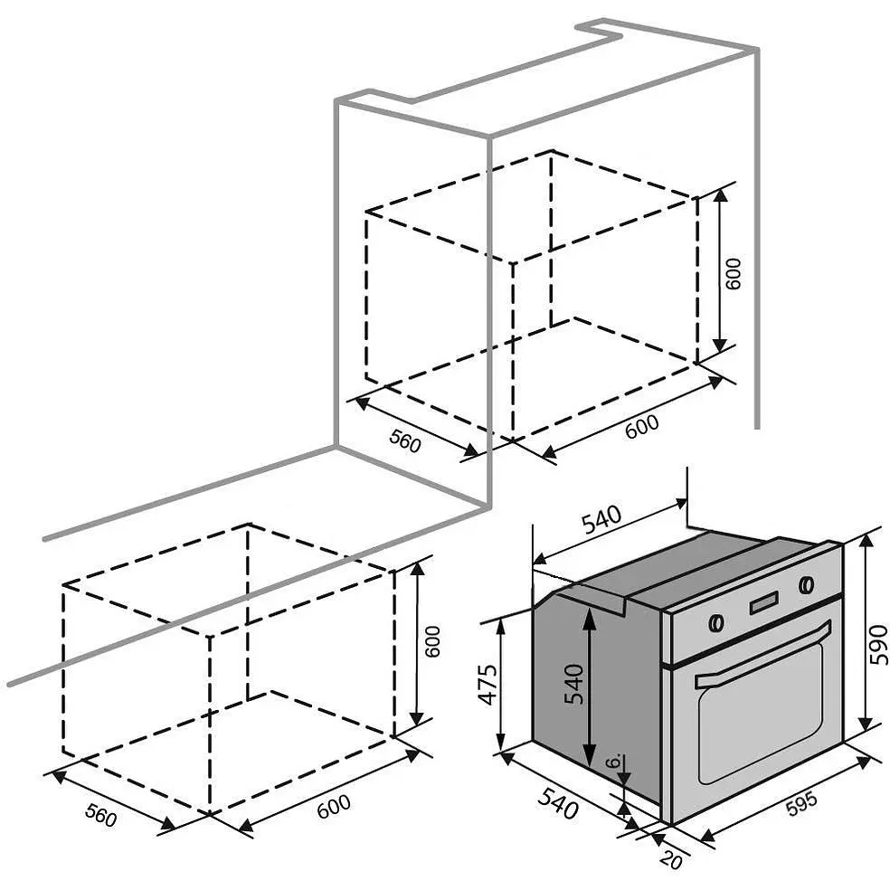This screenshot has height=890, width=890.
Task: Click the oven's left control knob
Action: [717, 622]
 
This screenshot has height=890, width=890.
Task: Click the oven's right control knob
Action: [806, 584]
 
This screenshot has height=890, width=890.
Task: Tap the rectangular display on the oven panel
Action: [764, 602]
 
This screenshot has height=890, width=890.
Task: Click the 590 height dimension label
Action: [878, 645]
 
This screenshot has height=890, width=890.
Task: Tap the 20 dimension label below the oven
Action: [671, 860]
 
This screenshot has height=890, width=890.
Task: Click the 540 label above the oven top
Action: [602, 520]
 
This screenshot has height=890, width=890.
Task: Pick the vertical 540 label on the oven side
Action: [573, 684]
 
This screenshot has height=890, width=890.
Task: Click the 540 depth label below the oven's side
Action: [558, 803]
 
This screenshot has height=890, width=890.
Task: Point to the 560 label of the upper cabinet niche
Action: [405, 440]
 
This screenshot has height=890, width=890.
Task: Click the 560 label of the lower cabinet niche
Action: [101, 815]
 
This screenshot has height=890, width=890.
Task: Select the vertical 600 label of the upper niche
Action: [734, 273]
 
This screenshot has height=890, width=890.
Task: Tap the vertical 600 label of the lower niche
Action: [432, 641]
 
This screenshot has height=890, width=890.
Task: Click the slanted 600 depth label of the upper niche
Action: [642, 426]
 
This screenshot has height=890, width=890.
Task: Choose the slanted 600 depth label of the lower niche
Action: [334, 806]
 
